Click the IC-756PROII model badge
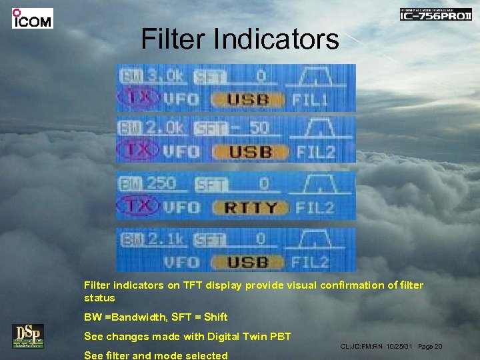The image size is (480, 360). (x=435, y=14)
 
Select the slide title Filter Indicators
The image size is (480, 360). (x=240, y=39)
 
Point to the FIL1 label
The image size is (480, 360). (x=311, y=101)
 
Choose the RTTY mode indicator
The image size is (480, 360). (x=250, y=208)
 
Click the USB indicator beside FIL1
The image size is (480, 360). (x=247, y=101)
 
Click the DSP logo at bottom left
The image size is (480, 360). (x=27, y=335)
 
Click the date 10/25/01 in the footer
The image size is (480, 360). (x=400, y=347)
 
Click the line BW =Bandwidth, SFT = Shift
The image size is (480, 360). (x=155, y=317)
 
